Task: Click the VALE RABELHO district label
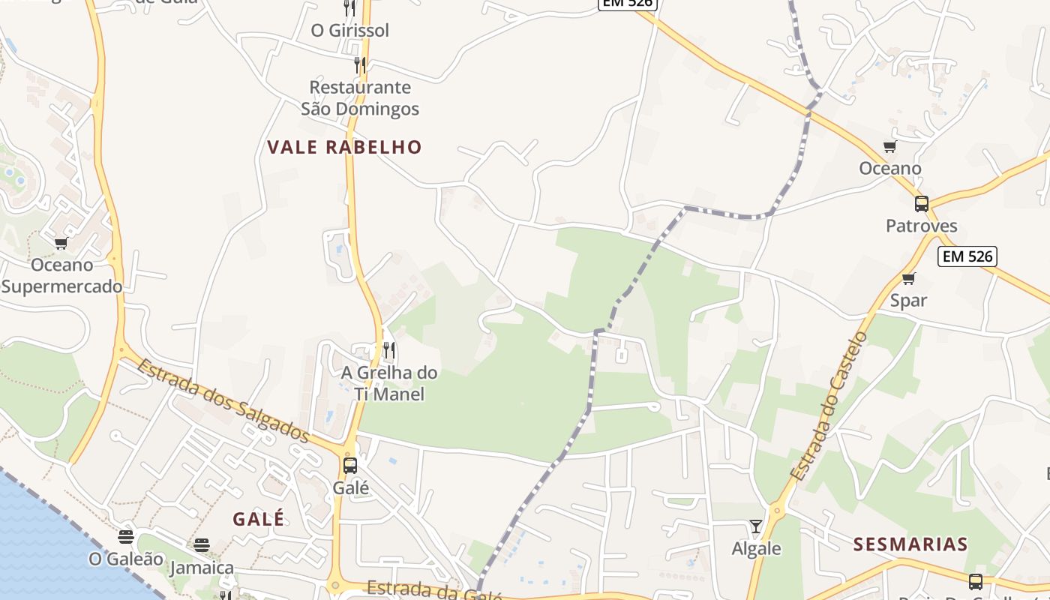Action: pos(345,147)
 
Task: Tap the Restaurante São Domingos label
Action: pos(360,98)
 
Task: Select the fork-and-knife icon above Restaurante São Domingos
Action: pos(360,64)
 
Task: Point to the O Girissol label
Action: pos(350,31)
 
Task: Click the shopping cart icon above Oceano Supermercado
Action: pos(61,243)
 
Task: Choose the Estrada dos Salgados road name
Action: pos(223,401)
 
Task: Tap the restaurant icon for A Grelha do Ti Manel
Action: pos(388,349)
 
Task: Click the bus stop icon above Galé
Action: pos(350,465)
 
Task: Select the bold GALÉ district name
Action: pos(259,519)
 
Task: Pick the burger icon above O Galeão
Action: pos(126,537)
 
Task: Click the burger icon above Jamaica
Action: pos(202,545)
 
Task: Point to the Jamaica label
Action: pos(202,568)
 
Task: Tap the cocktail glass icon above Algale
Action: pos(756,526)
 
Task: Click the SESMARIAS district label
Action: pos(910,544)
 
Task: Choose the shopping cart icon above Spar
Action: pos(909,279)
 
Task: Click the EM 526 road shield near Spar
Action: pos(967,256)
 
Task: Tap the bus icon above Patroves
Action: pos(922,203)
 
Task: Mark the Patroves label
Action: pos(922,226)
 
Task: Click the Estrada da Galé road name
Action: pos(435,591)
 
